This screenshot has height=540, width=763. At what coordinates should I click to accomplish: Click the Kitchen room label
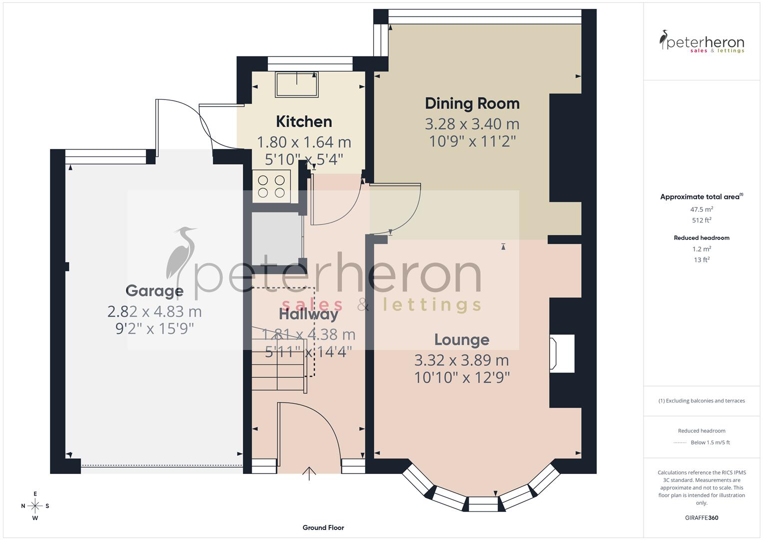click(x=304, y=121)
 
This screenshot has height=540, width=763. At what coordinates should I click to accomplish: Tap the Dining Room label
click(x=472, y=103)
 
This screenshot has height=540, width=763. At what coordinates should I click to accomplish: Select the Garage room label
click(x=154, y=290)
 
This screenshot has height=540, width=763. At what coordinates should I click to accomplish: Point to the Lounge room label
click(x=462, y=340)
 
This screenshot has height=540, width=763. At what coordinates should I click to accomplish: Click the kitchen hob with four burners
click(x=271, y=186)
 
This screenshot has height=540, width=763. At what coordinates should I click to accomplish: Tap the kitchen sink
click(x=297, y=84)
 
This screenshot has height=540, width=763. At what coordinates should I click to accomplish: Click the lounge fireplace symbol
click(x=554, y=353)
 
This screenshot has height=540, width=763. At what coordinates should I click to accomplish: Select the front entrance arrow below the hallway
click(x=309, y=473)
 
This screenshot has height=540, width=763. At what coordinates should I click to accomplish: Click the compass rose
click(x=35, y=506)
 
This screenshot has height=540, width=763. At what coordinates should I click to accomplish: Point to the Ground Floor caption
click(x=323, y=527)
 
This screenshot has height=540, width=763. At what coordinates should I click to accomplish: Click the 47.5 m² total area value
click(x=702, y=210)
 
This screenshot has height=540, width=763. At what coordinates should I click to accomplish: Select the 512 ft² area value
click(x=702, y=220)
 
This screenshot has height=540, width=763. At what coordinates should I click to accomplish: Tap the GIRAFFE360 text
click(x=702, y=518)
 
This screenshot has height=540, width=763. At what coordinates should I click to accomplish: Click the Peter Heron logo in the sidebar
click(x=702, y=42)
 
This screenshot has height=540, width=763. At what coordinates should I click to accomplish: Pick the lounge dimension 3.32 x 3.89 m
click(x=462, y=360)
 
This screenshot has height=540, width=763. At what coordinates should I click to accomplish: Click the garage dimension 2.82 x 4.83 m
click(x=154, y=311)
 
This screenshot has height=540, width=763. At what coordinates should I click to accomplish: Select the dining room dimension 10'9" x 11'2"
click(x=472, y=141)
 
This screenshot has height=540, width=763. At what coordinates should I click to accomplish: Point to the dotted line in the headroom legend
click(x=680, y=442)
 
